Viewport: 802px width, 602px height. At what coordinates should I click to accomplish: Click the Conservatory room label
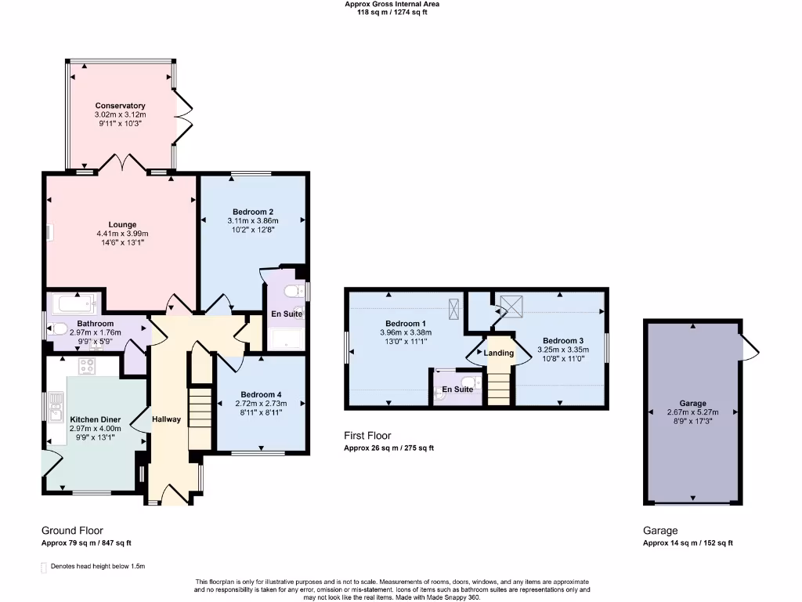point(120,106)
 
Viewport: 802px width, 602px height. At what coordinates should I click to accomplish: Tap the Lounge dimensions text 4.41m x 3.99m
point(122,234)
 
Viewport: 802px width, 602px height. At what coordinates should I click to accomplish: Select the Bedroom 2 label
point(252,212)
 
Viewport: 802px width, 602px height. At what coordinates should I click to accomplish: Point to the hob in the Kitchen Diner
point(87,365)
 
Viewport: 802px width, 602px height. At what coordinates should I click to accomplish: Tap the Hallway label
point(166,419)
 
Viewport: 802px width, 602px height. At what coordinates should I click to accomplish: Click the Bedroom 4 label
point(261,394)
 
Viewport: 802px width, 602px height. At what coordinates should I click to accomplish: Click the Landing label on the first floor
point(499,353)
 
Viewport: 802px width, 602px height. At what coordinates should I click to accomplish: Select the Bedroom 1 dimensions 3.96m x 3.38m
point(405,332)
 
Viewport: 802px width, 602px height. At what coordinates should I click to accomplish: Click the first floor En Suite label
point(457,389)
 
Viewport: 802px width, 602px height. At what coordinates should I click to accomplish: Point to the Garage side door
point(749,346)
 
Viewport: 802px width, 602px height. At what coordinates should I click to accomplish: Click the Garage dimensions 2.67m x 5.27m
point(692,412)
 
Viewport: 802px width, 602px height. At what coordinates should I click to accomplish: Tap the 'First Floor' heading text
point(367,436)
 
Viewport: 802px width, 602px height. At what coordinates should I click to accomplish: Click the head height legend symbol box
point(43,567)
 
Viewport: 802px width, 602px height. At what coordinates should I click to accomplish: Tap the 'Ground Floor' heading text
point(72,531)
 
